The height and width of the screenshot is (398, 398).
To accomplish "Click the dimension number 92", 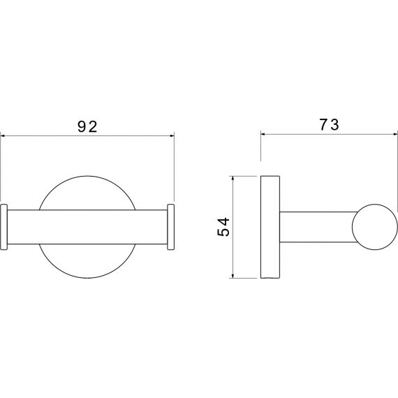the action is click(87, 126).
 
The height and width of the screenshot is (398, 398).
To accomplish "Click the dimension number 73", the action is click(329, 125).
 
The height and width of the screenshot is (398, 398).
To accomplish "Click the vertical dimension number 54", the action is click(223, 227).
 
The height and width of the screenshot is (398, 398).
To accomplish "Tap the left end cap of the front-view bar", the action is click(4, 227).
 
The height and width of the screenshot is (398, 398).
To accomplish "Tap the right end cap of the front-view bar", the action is click(171, 227).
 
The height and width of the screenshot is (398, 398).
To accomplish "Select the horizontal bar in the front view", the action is click(87, 227).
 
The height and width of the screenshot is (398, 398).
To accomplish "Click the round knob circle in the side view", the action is click(375, 227).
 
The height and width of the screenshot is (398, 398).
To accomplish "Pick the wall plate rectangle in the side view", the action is click(270, 227).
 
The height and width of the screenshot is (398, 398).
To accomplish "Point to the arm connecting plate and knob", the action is click(317, 227).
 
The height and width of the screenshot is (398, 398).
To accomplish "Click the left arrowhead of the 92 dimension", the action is click(3, 136).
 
